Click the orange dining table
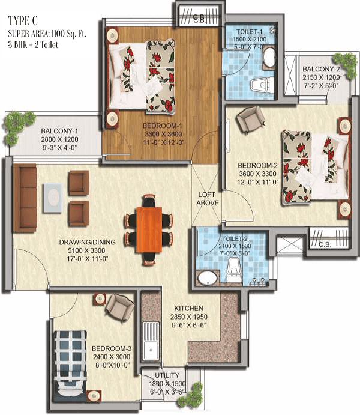pyautogui.click(x=149, y=230)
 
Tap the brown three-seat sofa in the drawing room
pyautogui.click(x=25, y=198)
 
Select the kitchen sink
pyautogui.click(x=151, y=341)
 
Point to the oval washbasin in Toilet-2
pyautogui.click(x=208, y=279)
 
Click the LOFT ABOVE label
pyautogui.click(x=208, y=199)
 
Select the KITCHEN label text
pyautogui.click(x=189, y=308)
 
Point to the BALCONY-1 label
pyautogui.click(x=59, y=131)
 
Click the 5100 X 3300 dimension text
pyautogui.click(x=86, y=250)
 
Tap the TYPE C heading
pyautogui.click(x=23, y=20)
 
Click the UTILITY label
pyautogui.click(x=167, y=375)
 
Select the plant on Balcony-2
pyautogui.click(x=345, y=65)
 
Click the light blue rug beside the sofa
pyautogui.click(x=53, y=198)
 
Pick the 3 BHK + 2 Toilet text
pyautogui.click(x=33, y=44)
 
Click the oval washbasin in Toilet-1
pyautogui.click(x=269, y=58)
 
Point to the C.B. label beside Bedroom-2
pyautogui.click(x=325, y=245)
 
